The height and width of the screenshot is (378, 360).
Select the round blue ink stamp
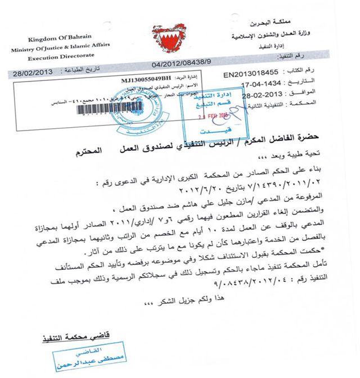[x=130, y=107]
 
